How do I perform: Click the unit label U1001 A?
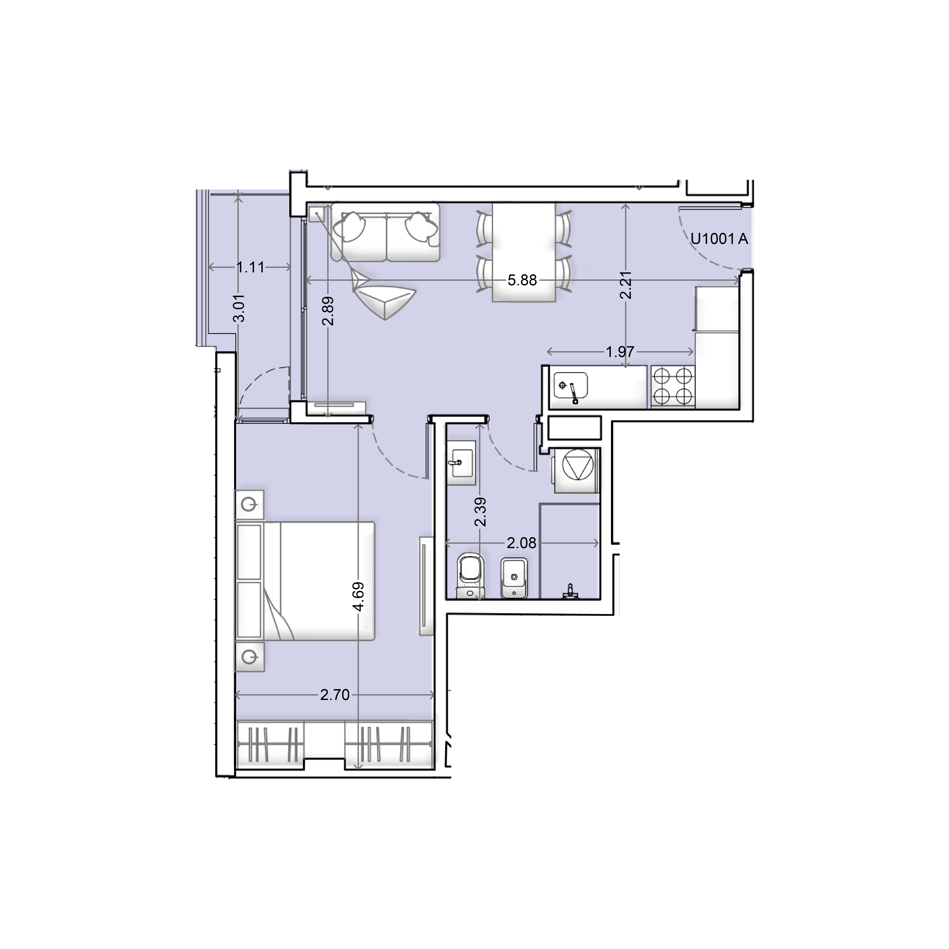click(720, 239)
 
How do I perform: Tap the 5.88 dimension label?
click(522, 281)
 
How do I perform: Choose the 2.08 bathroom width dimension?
click(522, 543)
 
